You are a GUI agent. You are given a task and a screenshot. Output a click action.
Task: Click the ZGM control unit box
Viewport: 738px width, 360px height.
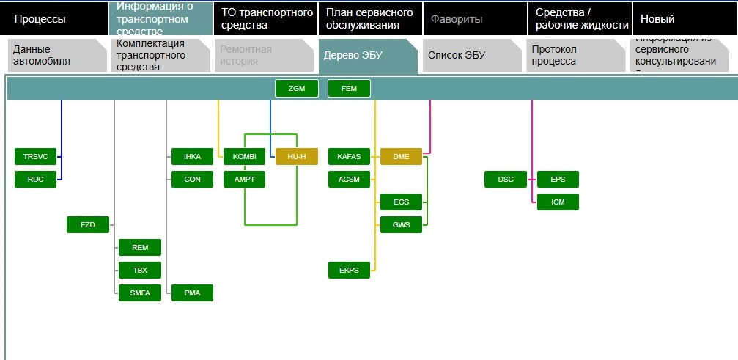(296, 89)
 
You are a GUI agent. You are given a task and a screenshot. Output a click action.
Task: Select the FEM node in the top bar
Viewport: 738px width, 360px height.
(349, 89)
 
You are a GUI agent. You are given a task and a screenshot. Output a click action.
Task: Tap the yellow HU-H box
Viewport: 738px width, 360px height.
(297, 157)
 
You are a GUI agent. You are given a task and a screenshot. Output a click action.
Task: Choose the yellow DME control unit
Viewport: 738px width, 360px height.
(401, 157)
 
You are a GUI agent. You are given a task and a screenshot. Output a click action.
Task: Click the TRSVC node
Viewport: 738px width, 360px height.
(35, 157)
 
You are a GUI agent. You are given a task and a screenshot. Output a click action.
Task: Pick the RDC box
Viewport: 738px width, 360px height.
(35, 179)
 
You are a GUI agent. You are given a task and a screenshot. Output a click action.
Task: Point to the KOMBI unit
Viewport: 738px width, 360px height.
(244, 157)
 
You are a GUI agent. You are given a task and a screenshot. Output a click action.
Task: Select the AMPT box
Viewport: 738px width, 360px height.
(244, 179)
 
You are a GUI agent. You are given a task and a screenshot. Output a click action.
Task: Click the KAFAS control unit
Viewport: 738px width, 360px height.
(349, 157)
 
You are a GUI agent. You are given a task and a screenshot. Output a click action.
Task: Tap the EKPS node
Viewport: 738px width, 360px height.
(349, 271)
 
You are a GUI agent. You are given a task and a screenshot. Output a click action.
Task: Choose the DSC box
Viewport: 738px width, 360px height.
(506, 179)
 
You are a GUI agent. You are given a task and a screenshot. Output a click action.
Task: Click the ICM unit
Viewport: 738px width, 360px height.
(558, 202)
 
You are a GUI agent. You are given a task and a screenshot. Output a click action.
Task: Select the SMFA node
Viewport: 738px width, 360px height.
(139, 293)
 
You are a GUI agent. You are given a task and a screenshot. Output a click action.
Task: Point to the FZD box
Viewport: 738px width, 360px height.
(87, 224)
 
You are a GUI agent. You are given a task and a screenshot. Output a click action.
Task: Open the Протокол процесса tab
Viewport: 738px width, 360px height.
(572, 55)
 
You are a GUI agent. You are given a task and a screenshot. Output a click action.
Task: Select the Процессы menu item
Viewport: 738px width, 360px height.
(40, 19)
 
